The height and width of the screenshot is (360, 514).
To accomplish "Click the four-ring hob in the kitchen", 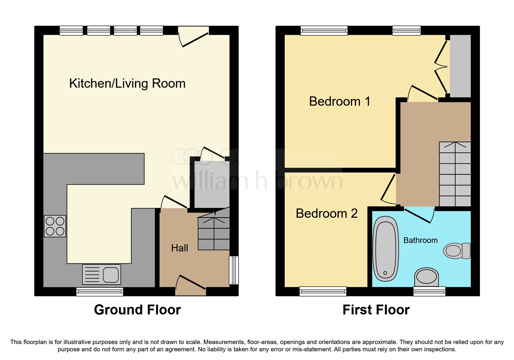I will pos(55,226).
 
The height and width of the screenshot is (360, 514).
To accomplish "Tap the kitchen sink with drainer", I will pos(102,274).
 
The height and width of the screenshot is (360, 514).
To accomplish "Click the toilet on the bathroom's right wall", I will pos(457,251).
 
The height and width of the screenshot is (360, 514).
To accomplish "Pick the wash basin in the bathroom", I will pos(426,277).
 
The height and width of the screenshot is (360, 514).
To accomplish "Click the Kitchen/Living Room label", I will pos(127,84).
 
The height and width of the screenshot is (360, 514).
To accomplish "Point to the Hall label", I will pos(179,248).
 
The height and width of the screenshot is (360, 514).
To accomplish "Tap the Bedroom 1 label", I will pos(340,102).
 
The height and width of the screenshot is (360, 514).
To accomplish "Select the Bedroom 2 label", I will pos(327,214).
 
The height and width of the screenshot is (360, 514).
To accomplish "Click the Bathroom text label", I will pos(420,240).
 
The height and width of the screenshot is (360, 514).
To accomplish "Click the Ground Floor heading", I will pos(137,310).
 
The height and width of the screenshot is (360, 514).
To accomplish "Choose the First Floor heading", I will pos(376,310).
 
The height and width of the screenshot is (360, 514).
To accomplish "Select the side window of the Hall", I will pos(234,270).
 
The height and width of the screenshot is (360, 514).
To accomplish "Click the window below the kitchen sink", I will pos(100,291).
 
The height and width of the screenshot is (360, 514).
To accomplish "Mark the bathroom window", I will pos(429,291).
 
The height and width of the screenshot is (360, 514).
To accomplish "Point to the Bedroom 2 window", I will pos(323,291).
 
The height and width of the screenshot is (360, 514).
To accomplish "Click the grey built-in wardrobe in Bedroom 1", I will pos(460,66).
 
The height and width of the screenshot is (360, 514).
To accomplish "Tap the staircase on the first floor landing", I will pos(455,174).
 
